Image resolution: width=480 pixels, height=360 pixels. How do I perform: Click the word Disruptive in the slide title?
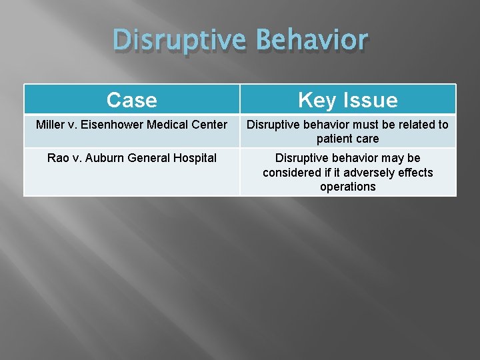click(x=179, y=40)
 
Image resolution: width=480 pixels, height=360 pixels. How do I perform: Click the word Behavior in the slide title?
click(x=311, y=40)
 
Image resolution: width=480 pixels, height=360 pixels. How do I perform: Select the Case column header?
click(x=132, y=100)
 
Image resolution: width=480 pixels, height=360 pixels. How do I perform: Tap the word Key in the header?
click(x=317, y=100)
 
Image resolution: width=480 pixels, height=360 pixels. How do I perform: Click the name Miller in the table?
click(x=51, y=125)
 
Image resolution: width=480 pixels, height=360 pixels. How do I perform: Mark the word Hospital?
click(x=194, y=158)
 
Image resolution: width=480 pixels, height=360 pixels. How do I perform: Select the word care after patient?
click(x=367, y=139)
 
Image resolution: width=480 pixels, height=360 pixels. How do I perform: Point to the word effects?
click(x=415, y=173)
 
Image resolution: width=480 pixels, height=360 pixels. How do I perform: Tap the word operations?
click(x=347, y=187)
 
